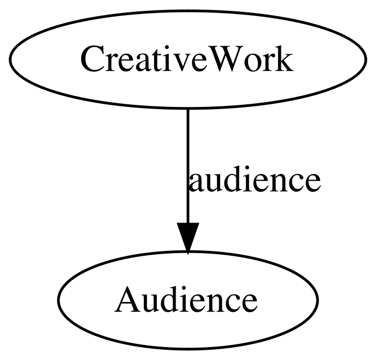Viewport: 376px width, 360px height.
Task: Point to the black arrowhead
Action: point(188,237)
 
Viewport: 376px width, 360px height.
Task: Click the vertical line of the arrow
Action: point(188,166)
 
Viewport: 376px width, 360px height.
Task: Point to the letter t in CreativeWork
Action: point(156,60)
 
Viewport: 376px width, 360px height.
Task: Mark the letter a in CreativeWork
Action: point(142,63)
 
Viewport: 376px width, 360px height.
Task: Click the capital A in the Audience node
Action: point(127,299)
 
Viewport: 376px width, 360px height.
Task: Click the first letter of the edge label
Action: point(197,183)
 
